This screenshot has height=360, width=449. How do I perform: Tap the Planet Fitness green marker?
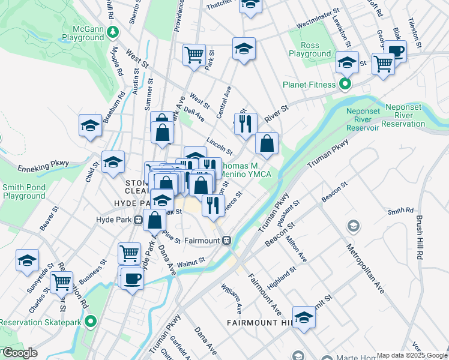tap(345, 85)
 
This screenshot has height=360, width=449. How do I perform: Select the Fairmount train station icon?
tap(227, 240)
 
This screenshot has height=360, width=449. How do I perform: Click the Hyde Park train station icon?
tap(139, 220)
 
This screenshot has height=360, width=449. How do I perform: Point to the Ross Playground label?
tap(310, 49)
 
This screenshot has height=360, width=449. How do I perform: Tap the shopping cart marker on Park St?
tap(194, 55)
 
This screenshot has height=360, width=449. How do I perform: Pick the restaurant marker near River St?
tap(245, 124)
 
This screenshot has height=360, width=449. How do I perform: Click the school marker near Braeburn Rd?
tap(90, 125)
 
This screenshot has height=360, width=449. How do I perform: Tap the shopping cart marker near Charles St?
tap(61, 281)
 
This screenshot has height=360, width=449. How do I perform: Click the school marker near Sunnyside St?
tap(27, 260)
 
